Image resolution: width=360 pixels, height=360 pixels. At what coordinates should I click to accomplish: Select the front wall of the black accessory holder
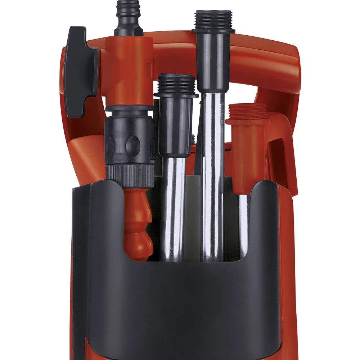pos(180,306)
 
